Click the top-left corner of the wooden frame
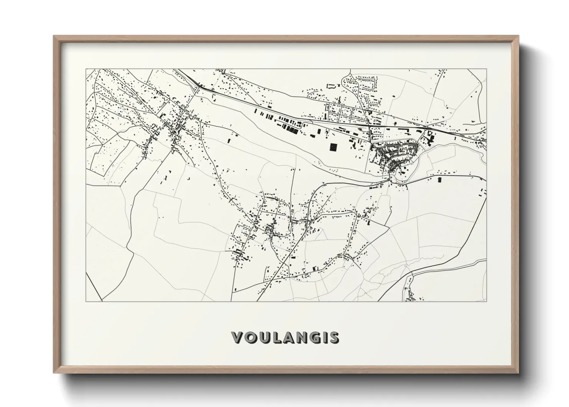tap(54, 36)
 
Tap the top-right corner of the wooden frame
tap(518, 36)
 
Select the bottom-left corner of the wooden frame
tap(54, 372)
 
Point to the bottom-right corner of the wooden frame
tap(518, 372)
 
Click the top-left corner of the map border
tap(86, 69)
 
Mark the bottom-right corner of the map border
tap(486, 301)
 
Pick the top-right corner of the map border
tap(486, 69)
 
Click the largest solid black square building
tap(333, 148)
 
